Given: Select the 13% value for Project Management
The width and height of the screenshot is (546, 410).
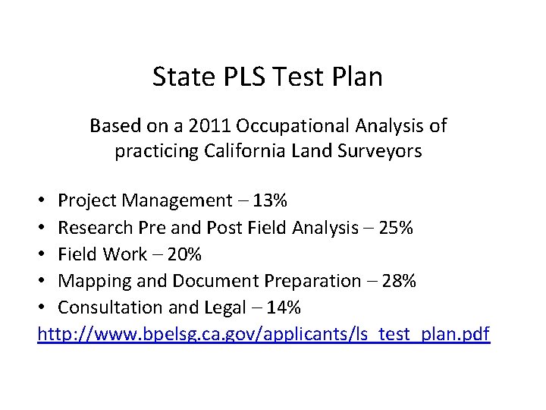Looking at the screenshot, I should point(270,200).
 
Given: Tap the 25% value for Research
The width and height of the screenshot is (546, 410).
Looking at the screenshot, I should point(395,227).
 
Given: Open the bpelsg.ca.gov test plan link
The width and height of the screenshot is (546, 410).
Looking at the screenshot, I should point(265,334).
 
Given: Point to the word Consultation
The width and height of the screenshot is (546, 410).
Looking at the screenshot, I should point(108,307).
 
